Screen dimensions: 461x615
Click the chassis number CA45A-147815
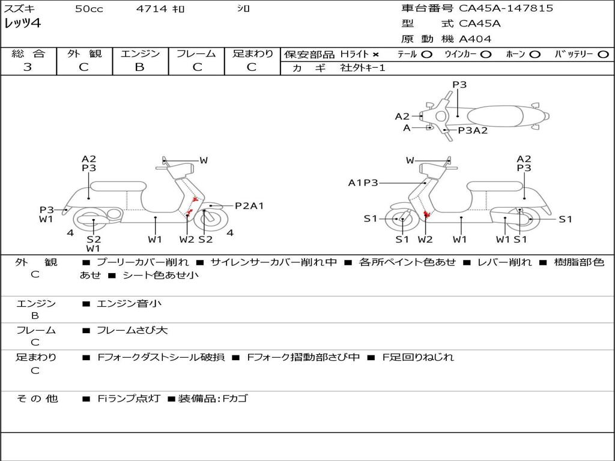[506, 8]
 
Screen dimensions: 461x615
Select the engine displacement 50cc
[89, 9]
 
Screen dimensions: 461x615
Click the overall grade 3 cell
[28, 67]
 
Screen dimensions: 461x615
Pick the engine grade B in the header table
[139, 67]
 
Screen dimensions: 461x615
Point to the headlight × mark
[376, 55]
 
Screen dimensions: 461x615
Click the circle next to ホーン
[535, 55]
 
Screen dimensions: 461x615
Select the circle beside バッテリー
[603, 55]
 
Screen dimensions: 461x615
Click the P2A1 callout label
[249, 206]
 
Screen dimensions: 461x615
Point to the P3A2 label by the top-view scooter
[473, 130]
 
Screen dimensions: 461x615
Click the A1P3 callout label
[363, 182]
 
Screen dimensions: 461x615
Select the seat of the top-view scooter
[498, 116]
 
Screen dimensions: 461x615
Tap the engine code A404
[475, 39]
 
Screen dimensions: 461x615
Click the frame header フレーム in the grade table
[196, 54]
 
